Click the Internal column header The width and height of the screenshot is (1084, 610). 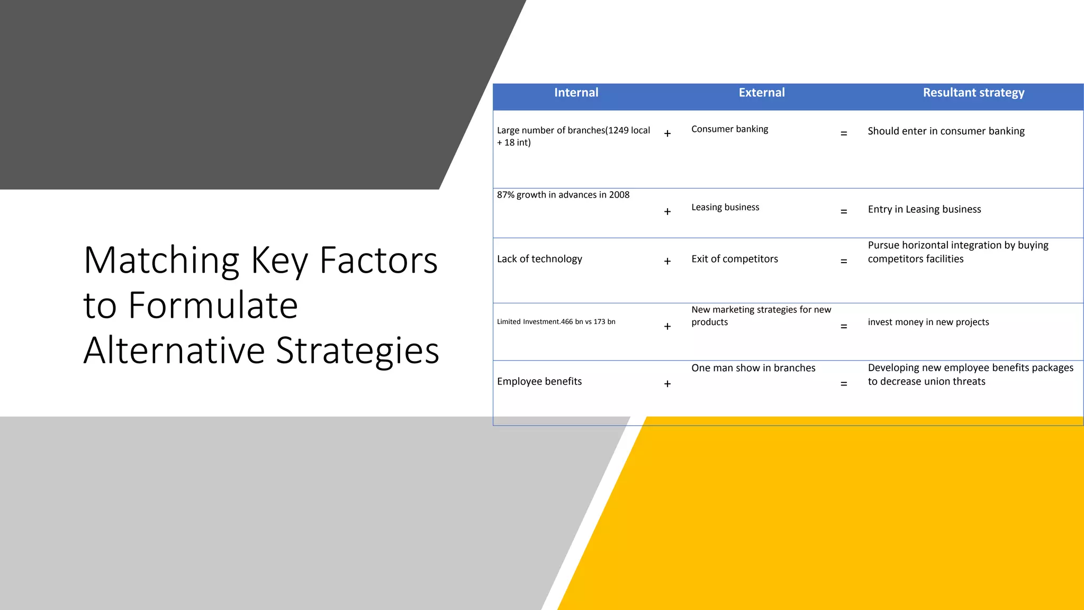576,93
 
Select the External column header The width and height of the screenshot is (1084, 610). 762,93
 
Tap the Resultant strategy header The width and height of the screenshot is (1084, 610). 973,93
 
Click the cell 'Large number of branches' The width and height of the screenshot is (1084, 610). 573,136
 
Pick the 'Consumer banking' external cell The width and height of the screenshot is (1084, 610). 729,129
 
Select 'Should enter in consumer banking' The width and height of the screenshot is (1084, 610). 946,131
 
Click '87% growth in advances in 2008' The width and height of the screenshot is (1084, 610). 563,195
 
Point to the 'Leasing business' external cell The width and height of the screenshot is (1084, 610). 725,207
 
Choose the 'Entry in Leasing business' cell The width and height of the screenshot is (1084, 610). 924,209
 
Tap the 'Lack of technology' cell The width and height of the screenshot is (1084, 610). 539,259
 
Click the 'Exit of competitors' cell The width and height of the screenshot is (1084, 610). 735,259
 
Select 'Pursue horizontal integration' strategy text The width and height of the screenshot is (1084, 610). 958,252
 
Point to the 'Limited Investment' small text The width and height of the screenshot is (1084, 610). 556,321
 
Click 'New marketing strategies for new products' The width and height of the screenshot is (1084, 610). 761,316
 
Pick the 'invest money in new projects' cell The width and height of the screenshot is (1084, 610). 928,322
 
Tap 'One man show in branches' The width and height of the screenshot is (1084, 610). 753,368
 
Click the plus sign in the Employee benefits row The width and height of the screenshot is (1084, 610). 667,384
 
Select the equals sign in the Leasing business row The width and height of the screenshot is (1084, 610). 844,212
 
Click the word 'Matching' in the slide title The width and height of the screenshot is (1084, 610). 161,261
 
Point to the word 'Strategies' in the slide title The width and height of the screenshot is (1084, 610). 358,351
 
